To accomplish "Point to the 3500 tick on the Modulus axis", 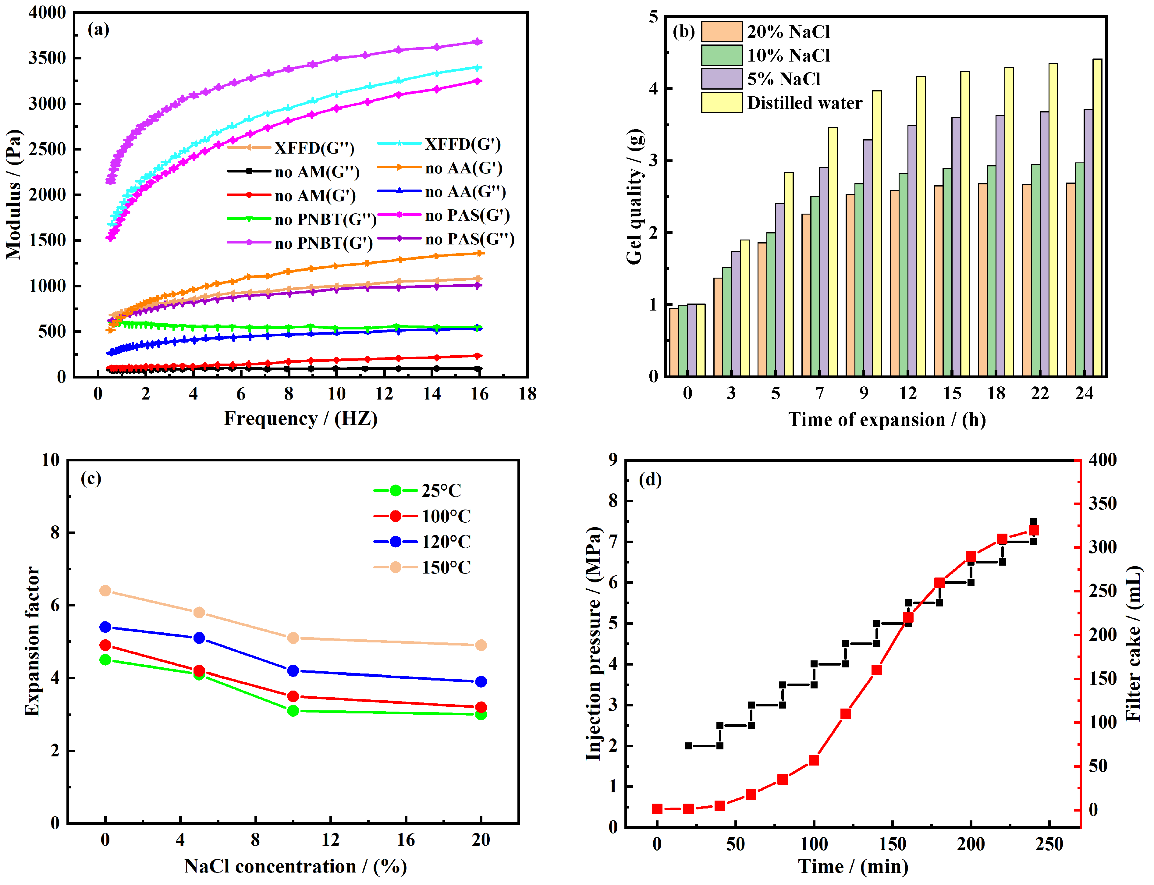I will pos(48,58).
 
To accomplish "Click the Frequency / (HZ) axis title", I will pos(301,419).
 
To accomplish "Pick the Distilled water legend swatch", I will pos(721,103).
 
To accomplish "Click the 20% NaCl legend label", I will pos(788,32).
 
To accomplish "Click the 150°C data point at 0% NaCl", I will pos(105,591).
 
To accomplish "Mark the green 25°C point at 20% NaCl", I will pos(480,714).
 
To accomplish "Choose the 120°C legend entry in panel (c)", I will pos(446,542).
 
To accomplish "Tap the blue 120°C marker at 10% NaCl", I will pos(293,670).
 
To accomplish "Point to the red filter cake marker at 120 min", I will pos(845,714).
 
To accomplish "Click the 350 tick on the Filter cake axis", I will pos(1102,504).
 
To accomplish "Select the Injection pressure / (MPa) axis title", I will pos(594,643).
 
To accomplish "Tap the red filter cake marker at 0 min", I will pos(657,809).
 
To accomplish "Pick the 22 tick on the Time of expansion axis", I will pos(1040,393).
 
